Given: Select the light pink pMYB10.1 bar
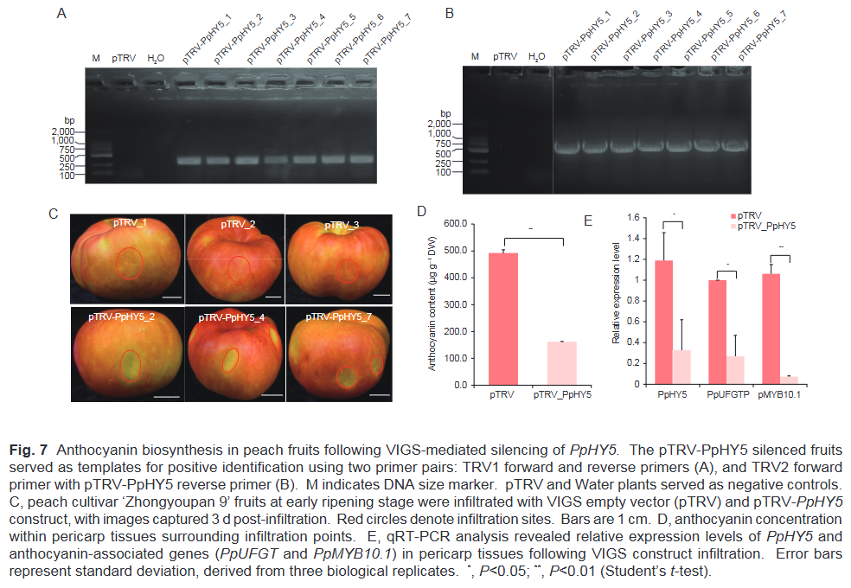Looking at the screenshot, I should click(x=789, y=380).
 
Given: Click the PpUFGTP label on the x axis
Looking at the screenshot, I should click(x=727, y=394).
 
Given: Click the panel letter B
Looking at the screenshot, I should click(x=448, y=14).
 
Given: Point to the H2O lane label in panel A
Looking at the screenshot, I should click(x=156, y=59).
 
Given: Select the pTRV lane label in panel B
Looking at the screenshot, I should click(x=505, y=57).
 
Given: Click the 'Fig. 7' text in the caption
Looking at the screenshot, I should click(x=28, y=450).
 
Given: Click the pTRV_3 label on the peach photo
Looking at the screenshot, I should click(x=338, y=225).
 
